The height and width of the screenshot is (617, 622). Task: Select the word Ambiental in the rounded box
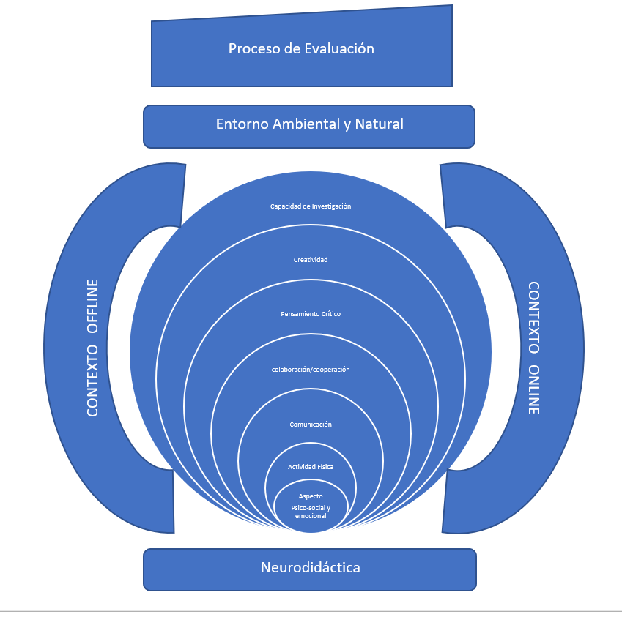pyautogui.click(x=304, y=124)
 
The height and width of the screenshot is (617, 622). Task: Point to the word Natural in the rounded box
pyautogui.click(x=379, y=124)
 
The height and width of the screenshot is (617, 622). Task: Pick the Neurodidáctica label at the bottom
pyautogui.click(x=310, y=567)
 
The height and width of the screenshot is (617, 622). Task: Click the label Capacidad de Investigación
pyautogui.click(x=311, y=206)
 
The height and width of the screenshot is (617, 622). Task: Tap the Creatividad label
pyautogui.click(x=311, y=260)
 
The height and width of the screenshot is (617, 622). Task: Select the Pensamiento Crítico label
pyautogui.click(x=311, y=314)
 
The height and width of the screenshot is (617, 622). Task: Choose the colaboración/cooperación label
pyautogui.click(x=311, y=370)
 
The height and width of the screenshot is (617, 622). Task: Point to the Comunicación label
pyautogui.click(x=311, y=425)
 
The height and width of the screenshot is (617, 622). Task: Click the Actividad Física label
pyautogui.click(x=311, y=467)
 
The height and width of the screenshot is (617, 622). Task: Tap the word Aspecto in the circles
pyautogui.click(x=311, y=496)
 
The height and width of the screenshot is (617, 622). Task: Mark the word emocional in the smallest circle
pyautogui.click(x=311, y=516)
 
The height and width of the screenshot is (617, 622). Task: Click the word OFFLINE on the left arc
pyautogui.click(x=93, y=307)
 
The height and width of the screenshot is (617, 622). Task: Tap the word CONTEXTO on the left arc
pyautogui.click(x=93, y=381)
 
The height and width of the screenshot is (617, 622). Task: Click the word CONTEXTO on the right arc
pyautogui.click(x=534, y=318)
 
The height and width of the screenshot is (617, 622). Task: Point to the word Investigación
pyautogui.click(x=329, y=206)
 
